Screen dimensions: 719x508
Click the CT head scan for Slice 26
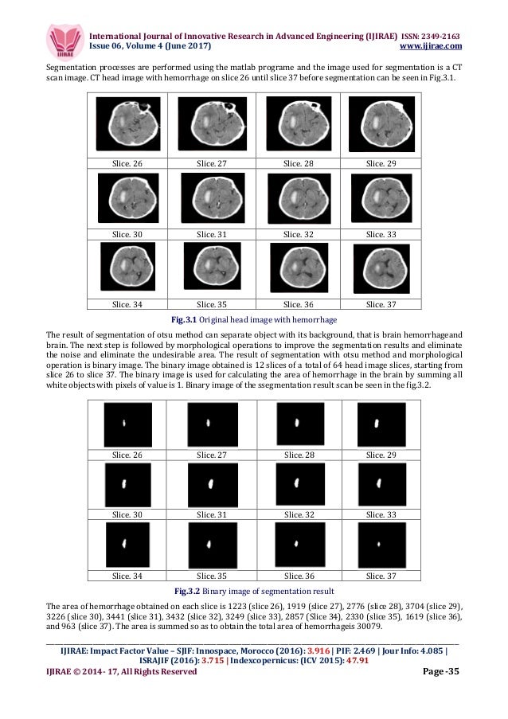coord(127,124)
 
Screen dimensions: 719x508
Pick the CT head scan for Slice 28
coord(297,123)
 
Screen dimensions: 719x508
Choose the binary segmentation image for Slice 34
coord(127,545)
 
